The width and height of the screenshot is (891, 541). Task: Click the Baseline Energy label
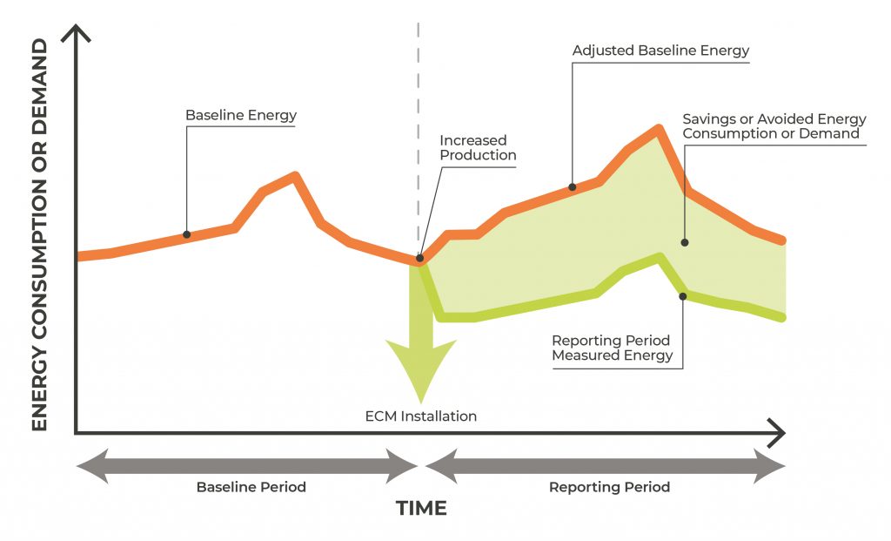(x=241, y=115)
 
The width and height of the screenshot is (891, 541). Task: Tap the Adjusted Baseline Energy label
(x=660, y=51)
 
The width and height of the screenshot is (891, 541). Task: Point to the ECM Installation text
(x=421, y=416)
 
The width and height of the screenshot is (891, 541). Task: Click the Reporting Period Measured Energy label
(x=613, y=348)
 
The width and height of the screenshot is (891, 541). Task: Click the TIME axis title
(x=421, y=508)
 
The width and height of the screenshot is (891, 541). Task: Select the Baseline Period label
(x=251, y=487)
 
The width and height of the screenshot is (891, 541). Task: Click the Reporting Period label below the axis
(x=609, y=487)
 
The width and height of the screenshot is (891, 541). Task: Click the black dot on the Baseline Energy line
(x=187, y=234)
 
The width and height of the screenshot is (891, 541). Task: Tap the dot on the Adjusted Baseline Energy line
(x=573, y=186)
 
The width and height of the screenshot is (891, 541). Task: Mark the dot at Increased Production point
(x=420, y=258)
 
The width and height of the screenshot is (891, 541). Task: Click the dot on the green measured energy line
(x=683, y=296)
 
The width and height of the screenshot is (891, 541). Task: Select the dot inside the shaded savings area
(x=684, y=242)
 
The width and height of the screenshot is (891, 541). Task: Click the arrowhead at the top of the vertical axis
(x=77, y=35)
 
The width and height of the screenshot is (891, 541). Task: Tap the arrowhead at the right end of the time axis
(x=777, y=432)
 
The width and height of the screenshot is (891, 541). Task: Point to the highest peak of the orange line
(x=658, y=129)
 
